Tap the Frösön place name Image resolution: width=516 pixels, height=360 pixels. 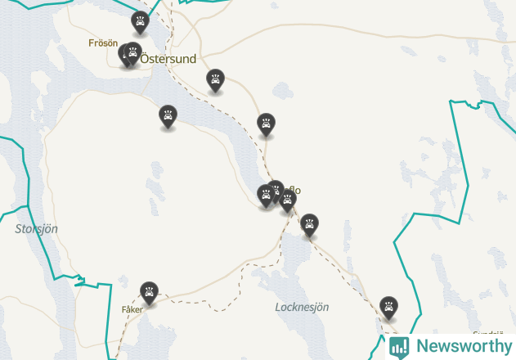point(103,43)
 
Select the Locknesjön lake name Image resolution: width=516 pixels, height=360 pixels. point(302,307)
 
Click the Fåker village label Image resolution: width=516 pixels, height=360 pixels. point(132,310)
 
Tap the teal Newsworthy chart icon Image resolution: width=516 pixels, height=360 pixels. point(399,346)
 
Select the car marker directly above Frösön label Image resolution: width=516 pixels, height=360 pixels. point(140,22)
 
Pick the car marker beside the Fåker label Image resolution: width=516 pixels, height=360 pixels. point(148,291)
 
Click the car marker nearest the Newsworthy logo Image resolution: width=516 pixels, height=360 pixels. point(388,307)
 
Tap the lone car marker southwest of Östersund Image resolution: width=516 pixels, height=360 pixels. point(167,116)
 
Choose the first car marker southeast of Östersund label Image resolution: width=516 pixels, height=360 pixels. point(215,79)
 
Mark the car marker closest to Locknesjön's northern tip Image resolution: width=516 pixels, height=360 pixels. point(309,223)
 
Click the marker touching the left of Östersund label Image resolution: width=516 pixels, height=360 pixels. point(132,53)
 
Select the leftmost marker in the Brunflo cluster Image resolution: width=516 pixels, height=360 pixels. point(266,195)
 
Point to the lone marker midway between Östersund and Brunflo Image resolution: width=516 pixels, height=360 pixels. point(265,124)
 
